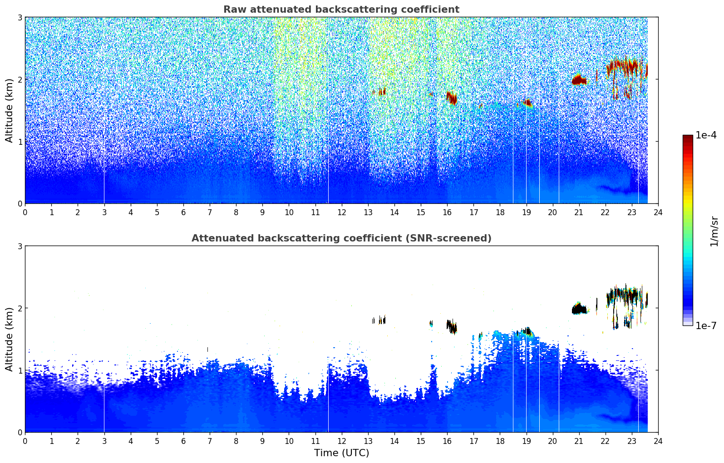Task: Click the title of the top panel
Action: click(x=341, y=10)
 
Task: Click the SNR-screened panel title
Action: click(x=341, y=238)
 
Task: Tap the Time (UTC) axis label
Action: click(x=341, y=453)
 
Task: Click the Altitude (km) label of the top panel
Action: click(x=10, y=110)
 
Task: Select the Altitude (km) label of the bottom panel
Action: click(x=10, y=339)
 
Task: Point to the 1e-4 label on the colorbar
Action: click(x=706, y=135)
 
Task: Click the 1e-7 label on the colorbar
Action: click(x=706, y=325)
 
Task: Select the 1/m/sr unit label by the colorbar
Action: click(x=714, y=231)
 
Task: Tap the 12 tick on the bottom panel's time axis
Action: click(x=341, y=441)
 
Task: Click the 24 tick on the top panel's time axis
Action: click(x=658, y=212)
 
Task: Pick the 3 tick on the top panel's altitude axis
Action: click(x=20, y=17)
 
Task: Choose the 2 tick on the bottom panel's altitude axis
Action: click(x=20, y=308)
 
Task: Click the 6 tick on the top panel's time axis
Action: click(x=183, y=212)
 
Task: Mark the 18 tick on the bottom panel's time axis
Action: click(x=500, y=441)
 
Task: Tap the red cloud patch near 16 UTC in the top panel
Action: click(x=451, y=98)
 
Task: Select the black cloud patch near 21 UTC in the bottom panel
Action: click(x=579, y=310)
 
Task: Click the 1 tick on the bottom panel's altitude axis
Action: click(x=20, y=370)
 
